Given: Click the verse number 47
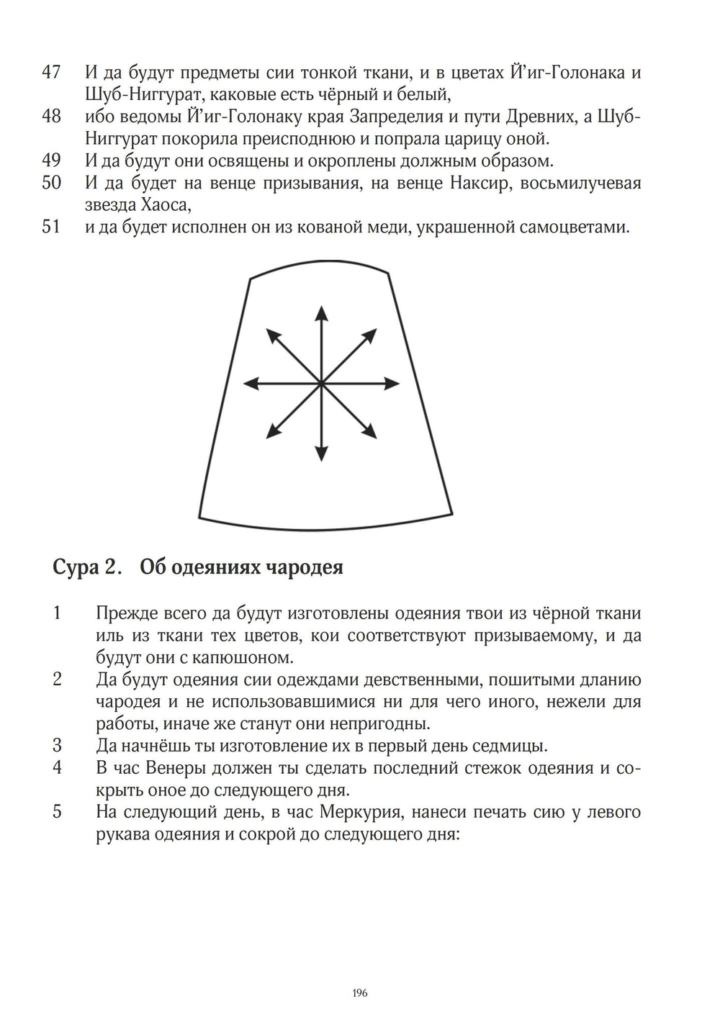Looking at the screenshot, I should [x=51, y=72].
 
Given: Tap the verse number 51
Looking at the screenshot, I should [x=51, y=227].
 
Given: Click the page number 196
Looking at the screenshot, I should [x=360, y=993].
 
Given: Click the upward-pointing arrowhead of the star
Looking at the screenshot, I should [x=321, y=312].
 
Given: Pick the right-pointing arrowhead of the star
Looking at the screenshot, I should [x=392, y=384].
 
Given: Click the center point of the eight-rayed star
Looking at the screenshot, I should [x=321, y=384].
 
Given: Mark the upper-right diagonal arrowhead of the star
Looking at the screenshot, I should [x=372, y=333].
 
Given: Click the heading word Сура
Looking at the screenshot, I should [x=75, y=568].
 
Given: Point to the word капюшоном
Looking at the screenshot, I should [x=235, y=657].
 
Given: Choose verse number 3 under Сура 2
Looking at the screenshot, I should [x=57, y=745].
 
